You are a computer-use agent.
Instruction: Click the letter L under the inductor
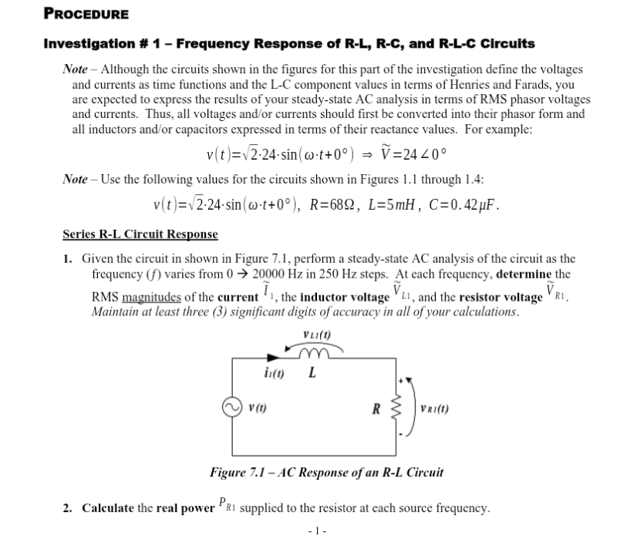click(311, 376)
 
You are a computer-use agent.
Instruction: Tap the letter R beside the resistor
click(377, 408)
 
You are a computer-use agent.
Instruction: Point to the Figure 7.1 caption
click(326, 472)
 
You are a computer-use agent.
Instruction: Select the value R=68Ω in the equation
click(339, 205)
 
